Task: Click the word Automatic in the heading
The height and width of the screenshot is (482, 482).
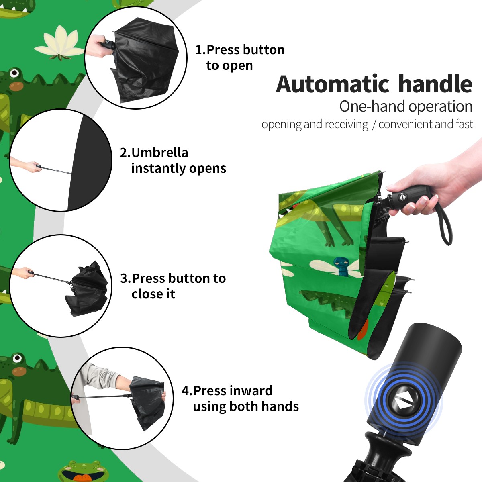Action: pyautogui.click(x=333, y=84)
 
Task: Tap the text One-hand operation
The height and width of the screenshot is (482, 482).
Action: pyautogui.click(x=406, y=106)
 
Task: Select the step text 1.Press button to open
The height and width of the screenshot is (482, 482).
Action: pyautogui.click(x=240, y=57)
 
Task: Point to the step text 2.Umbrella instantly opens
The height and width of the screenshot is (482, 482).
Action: pyautogui.click(x=173, y=160)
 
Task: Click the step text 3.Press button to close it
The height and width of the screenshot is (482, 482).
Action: pyautogui.click(x=173, y=286)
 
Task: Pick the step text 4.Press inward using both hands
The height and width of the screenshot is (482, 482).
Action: pyautogui.click(x=240, y=398)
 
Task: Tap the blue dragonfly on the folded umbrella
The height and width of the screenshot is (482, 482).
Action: pyautogui.click(x=341, y=267)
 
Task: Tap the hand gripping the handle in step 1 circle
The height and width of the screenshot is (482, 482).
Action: pyautogui.click(x=100, y=46)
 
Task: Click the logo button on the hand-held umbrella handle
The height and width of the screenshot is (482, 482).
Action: pyautogui.click(x=402, y=196)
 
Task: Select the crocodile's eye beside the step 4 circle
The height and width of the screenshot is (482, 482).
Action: pyautogui.click(x=17, y=358)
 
